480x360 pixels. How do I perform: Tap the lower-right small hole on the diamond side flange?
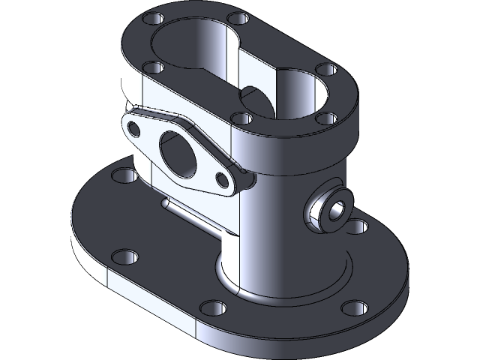[223, 178]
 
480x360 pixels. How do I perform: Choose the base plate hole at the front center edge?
[213, 307]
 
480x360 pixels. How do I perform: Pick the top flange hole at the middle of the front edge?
[241, 118]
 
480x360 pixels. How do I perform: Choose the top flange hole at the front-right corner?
[325, 118]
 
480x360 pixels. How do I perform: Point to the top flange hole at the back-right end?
[325, 70]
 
